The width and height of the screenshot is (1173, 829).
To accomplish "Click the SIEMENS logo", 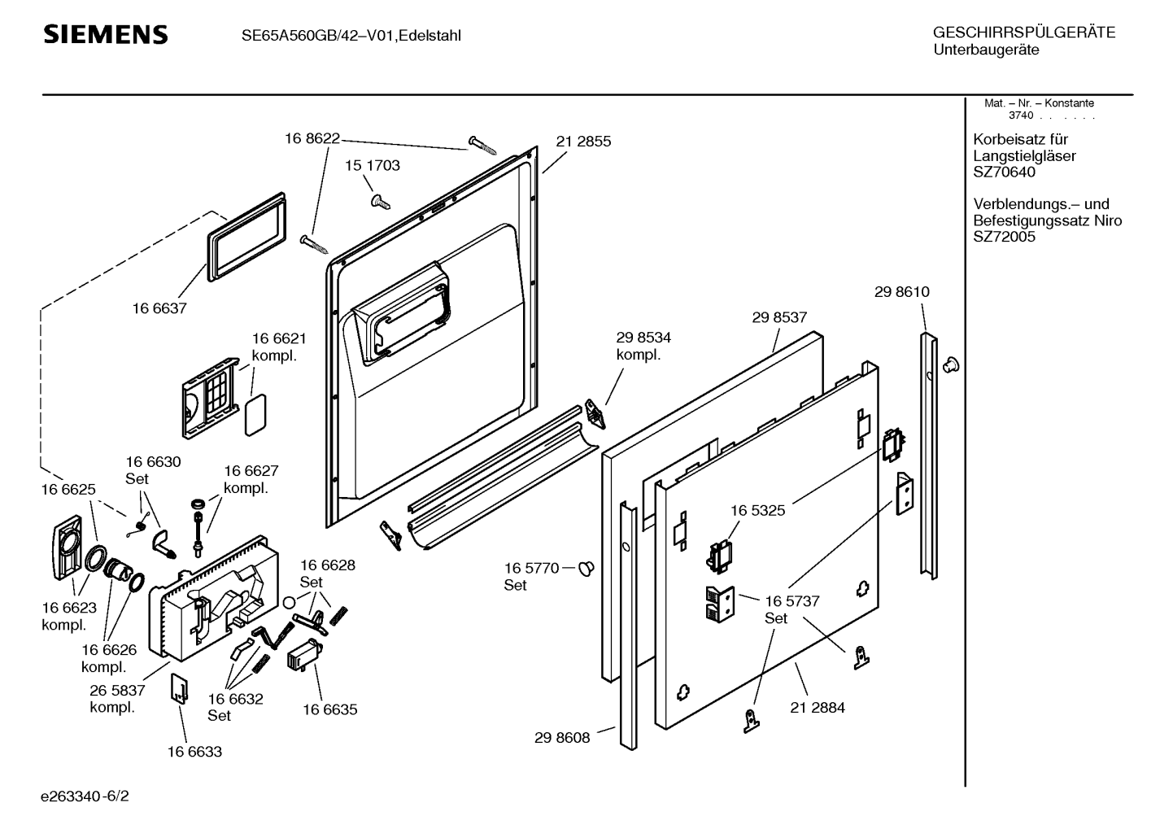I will click(105, 35).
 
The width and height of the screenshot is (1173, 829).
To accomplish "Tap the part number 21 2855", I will click(583, 142).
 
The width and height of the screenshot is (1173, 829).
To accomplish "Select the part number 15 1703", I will click(372, 166).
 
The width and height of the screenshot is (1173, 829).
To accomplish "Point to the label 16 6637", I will click(159, 308).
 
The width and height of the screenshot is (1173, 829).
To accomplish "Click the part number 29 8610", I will click(901, 292).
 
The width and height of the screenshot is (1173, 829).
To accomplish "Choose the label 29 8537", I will click(779, 318).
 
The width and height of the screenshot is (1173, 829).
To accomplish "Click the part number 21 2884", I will click(818, 708).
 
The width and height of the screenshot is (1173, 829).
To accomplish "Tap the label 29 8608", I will click(562, 739).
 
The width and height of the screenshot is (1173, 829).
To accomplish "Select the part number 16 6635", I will click(330, 709).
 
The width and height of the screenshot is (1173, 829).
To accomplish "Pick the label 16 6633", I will click(194, 752).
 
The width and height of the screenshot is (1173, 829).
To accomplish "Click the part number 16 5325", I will click(757, 511).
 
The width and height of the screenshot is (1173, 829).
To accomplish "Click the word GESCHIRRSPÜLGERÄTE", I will click(1023, 33).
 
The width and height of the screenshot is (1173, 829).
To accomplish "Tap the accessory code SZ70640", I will click(1004, 172).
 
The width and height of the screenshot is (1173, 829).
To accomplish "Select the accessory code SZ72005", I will click(1004, 238).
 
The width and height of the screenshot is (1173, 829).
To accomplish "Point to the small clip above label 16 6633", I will click(180, 688).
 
